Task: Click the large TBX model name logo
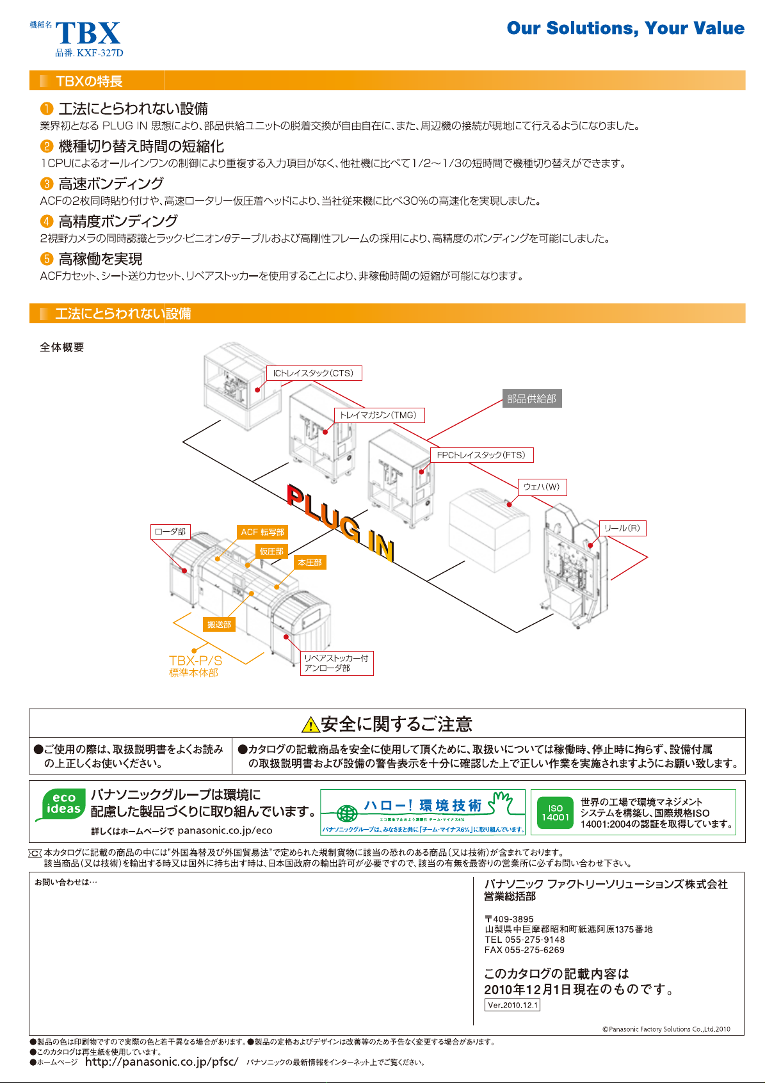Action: pos(88,33)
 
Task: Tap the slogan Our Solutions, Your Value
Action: pos(625,28)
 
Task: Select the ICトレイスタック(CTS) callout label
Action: pos(314,373)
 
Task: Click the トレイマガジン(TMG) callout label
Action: pos(378,415)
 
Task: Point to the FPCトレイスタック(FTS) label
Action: pos(480,455)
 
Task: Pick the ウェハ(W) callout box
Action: pos(542,487)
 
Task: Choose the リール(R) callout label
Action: pos(622,528)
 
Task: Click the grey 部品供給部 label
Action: pos(531,399)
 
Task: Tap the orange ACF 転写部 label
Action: pos(262,532)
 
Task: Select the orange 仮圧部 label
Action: pos(271,551)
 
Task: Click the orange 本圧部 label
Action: pos(310,562)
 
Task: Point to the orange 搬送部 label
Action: pos(219,624)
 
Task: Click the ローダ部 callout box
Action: pos(170,531)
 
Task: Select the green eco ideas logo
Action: pos(63,805)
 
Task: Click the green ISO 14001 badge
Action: pos(555,813)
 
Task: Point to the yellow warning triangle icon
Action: pos(310,725)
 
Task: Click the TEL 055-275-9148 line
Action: pos(525,940)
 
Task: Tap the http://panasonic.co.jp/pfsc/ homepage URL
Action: pos(161,1062)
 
